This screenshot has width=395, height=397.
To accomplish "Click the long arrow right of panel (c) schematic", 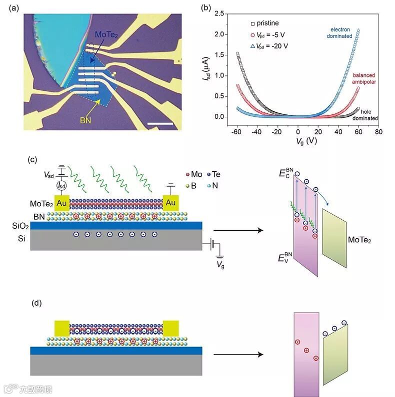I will [x=237, y=230].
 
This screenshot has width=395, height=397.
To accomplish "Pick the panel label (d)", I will [x=36, y=303].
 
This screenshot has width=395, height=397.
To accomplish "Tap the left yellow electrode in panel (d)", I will [x=62, y=328].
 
